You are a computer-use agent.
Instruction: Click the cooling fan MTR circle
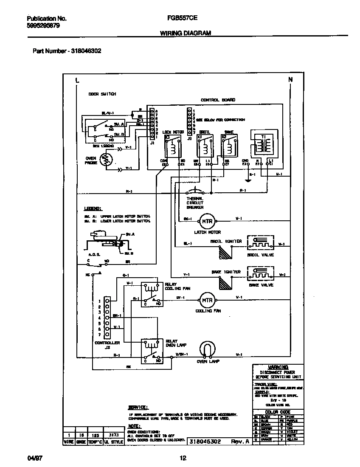207,300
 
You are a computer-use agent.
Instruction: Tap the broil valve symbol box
261,243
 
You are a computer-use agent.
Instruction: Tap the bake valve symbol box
261,274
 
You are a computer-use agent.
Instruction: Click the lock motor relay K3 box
173,146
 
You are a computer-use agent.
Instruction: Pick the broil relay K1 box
205,146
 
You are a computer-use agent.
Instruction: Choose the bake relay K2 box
229,146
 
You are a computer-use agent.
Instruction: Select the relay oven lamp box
152,351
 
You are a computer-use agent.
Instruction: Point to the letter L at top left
77,80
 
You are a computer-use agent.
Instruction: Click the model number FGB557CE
180,19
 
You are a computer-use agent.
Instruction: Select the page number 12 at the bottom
183,458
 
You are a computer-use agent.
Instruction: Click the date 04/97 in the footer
33,459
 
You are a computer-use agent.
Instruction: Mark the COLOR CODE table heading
278,412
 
